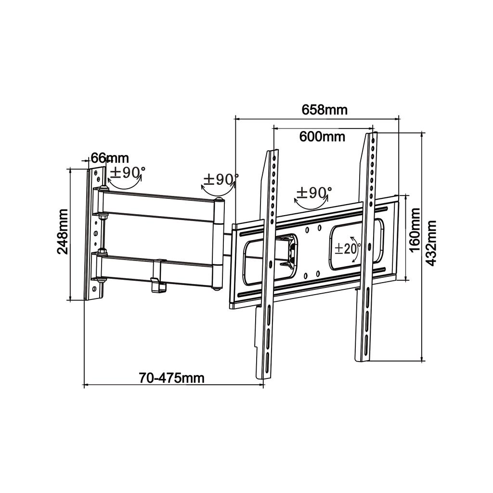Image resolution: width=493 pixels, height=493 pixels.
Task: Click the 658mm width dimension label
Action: click(x=324, y=110)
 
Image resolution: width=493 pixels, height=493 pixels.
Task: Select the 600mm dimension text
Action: click(x=322, y=136)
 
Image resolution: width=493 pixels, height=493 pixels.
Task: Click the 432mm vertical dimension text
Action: click(x=431, y=243)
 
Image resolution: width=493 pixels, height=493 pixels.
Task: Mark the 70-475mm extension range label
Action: click(x=171, y=378)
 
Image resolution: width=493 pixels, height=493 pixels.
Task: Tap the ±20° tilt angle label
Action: click(x=345, y=249)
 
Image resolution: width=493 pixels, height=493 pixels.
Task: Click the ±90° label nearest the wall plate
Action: click(x=127, y=172)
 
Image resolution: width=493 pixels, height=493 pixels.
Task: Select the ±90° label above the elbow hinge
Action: click(x=220, y=180)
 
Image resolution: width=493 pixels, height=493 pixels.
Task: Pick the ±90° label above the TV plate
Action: click(x=314, y=193)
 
